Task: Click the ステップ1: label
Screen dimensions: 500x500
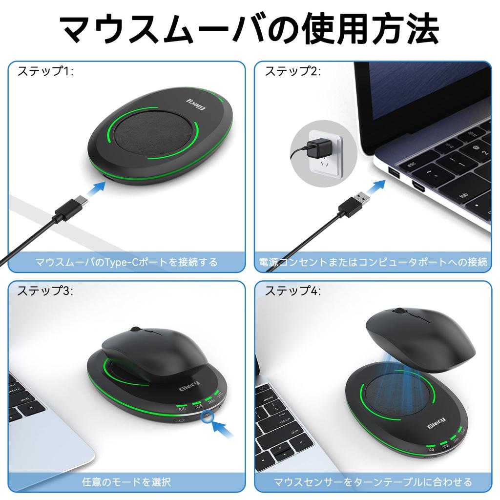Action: [45, 72]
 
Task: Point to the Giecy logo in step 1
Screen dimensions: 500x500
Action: [197, 103]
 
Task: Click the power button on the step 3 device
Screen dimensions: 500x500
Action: [181, 419]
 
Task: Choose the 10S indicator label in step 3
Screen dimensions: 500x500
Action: [183, 408]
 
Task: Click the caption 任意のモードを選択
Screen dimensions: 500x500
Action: [126, 482]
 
